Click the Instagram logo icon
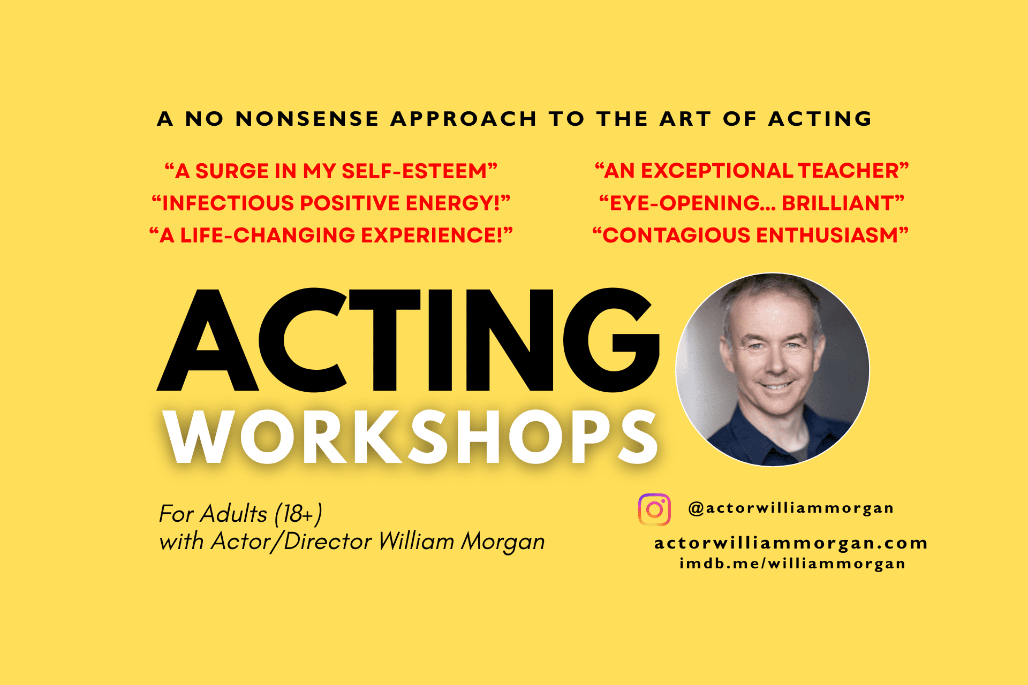[654, 509]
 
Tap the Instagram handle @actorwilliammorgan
[791, 508]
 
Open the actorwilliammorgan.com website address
[791, 543]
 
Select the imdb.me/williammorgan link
[792, 564]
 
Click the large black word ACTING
[408, 340]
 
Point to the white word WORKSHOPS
[411, 437]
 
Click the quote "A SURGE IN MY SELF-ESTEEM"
[331, 171]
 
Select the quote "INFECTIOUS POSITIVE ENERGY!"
[331, 203]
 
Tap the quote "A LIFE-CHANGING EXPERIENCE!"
[331, 235]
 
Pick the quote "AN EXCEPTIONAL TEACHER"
[752, 171]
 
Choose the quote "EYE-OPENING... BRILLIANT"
[752, 203]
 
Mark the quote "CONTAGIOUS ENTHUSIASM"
[751, 235]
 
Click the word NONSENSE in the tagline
[307, 119]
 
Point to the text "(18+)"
[298, 514]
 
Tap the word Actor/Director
[291, 541]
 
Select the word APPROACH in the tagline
[464, 119]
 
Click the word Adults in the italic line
[234, 514]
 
